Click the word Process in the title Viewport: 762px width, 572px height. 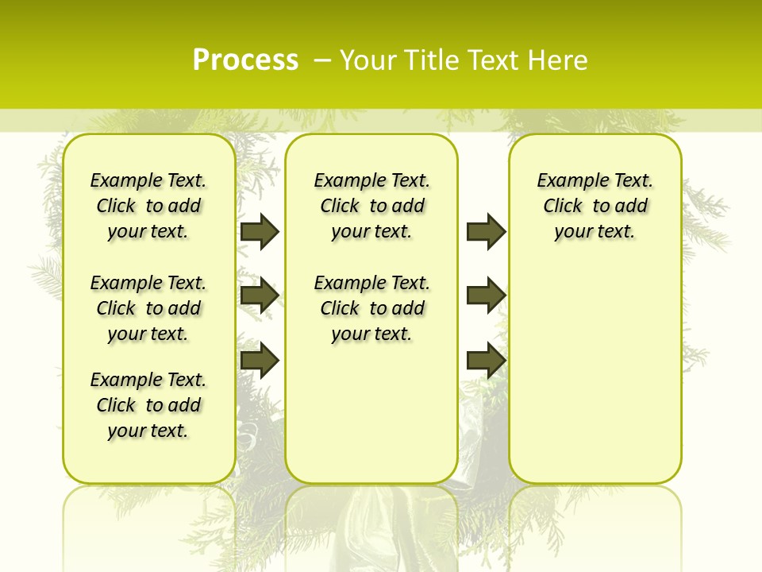click(245, 60)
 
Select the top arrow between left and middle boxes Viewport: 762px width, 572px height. click(260, 231)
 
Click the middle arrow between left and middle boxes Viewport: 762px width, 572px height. click(260, 296)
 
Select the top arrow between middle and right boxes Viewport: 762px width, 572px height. click(486, 231)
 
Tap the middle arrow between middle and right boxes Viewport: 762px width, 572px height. click(486, 296)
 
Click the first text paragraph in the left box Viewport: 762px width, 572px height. click(148, 206)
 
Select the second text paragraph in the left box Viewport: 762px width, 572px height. click(148, 308)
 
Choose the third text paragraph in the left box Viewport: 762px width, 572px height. click(148, 405)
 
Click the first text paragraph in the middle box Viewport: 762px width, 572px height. click(372, 206)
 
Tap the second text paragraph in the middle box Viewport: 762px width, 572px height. click(372, 308)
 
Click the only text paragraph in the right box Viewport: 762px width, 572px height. click(595, 206)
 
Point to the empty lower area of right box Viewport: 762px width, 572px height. click(595, 381)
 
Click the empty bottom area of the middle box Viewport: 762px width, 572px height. click(371, 421)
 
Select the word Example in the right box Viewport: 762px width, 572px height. click(567, 180)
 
